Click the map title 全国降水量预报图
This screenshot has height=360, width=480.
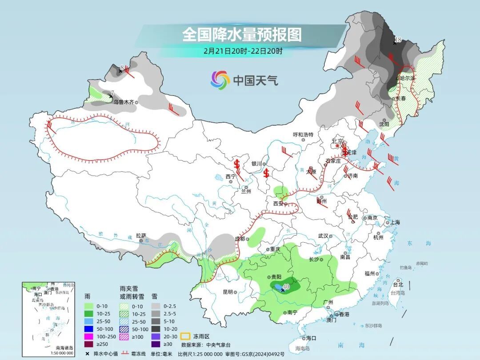coord(242,35)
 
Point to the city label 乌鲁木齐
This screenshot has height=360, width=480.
coord(123,102)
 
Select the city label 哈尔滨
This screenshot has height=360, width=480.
coord(407,78)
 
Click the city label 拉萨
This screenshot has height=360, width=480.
coord(141,236)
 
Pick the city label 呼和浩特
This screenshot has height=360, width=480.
coord(303,135)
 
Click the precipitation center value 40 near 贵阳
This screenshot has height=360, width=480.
coord(286,287)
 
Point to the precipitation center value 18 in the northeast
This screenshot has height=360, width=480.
coord(398,40)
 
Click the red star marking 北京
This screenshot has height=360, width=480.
coord(338,146)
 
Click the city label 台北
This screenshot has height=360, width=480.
coord(398,284)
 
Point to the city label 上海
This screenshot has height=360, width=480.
coord(394,222)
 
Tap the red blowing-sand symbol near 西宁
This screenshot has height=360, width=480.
coord(237,164)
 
